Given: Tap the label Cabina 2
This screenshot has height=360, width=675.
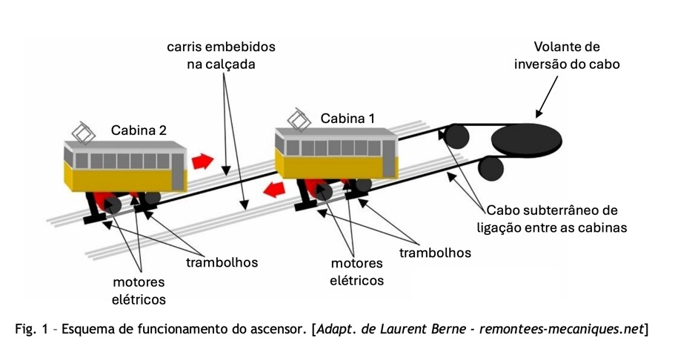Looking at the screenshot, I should coord(139,130).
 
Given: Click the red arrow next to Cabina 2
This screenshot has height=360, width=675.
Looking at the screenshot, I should coord(202,160).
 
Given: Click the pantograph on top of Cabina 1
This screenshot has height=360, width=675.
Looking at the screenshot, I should coord(299,119).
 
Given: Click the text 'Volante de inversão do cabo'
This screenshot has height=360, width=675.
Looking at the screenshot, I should coord(567,56).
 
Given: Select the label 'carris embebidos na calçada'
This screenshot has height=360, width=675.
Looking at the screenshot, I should coord(220,56).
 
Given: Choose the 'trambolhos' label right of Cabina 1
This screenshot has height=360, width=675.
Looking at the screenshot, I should coord(435,253).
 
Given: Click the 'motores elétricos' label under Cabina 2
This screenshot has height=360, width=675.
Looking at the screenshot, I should coord(139,290).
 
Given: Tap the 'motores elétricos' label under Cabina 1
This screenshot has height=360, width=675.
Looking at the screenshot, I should coord(357,272).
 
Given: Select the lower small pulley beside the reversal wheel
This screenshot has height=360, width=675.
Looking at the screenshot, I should coord(488,168).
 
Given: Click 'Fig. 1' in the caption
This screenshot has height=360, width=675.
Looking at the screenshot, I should coord(32,328).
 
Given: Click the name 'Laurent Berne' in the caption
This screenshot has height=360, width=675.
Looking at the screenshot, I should coord(430,328).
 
